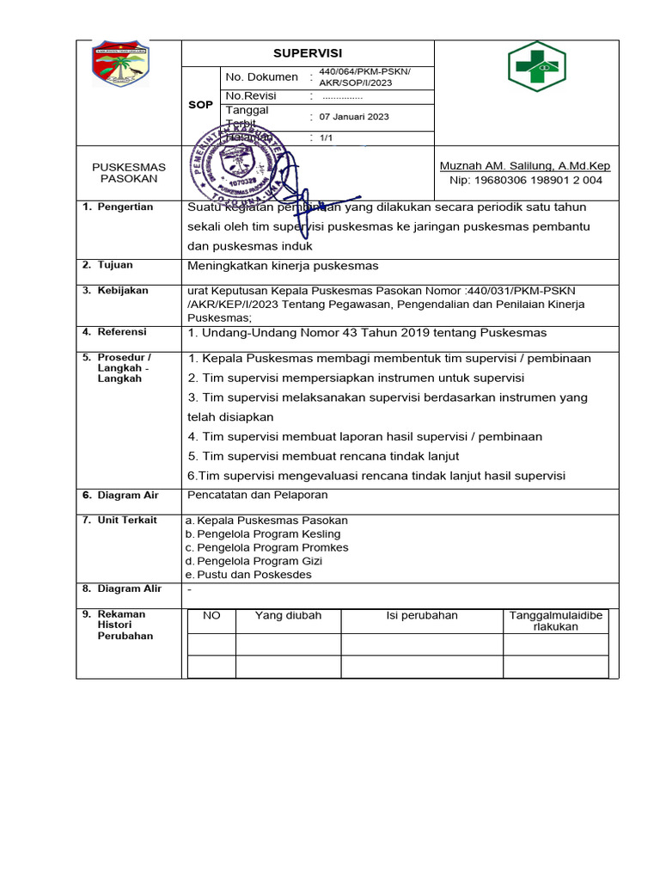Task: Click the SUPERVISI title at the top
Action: click(308, 53)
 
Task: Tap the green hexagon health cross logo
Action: click(537, 65)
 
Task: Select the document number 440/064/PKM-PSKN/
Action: click(365, 71)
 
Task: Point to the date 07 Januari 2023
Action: click(354, 116)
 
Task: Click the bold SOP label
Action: click(200, 105)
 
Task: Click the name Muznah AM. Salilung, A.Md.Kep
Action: click(525, 166)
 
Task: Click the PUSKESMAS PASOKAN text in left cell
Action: click(129, 172)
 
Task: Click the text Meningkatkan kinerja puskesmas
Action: click(283, 265)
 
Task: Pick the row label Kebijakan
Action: click(122, 291)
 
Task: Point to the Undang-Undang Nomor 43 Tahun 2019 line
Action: click(367, 333)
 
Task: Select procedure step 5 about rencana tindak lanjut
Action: click(323, 456)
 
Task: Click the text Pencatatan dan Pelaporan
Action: click(257, 496)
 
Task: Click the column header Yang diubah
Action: click(288, 616)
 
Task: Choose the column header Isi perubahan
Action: click(421, 616)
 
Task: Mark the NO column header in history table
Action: click(211, 616)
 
